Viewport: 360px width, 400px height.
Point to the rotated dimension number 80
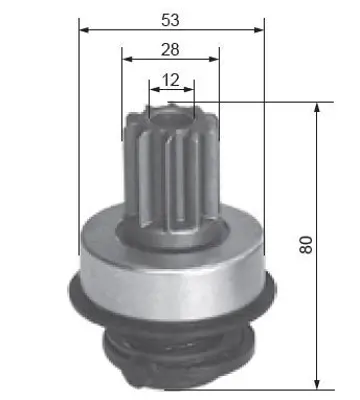[305, 244]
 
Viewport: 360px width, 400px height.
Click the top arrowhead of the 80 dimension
[318, 106]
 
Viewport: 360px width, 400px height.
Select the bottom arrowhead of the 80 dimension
[318, 384]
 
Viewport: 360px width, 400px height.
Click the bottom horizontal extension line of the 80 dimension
[250, 389]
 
